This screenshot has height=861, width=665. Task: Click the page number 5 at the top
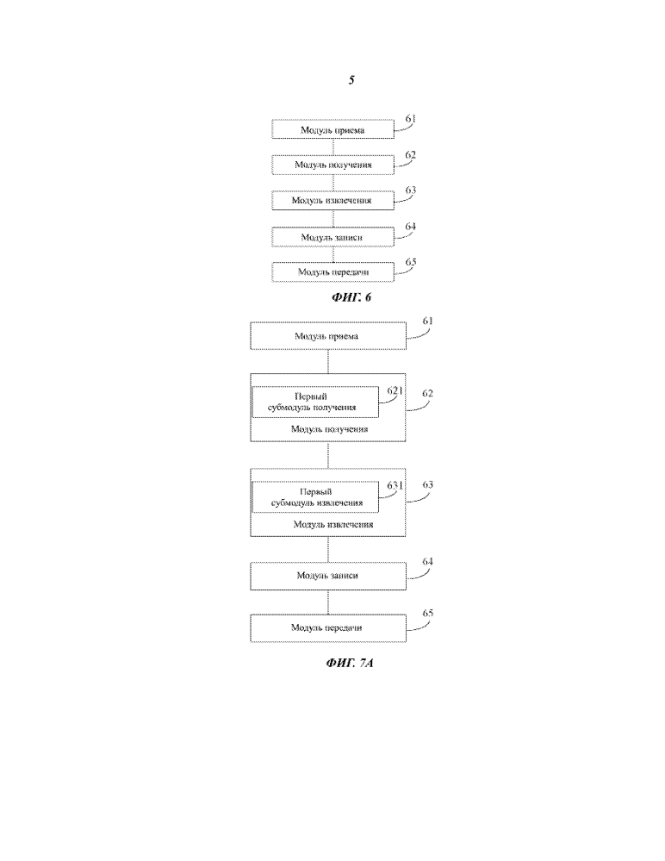(x=351, y=80)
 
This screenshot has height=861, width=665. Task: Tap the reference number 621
(x=395, y=390)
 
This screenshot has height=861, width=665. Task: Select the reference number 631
(x=395, y=485)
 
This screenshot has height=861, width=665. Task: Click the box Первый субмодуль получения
(x=314, y=402)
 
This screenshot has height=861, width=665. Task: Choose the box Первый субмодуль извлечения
(x=314, y=496)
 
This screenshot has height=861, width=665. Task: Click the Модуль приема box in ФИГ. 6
(x=332, y=130)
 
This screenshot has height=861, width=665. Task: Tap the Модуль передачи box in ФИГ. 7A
(x=327, y=627)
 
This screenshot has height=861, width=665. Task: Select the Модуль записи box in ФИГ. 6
(x=332, y=235)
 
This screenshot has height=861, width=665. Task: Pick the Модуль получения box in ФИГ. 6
(x=332, y=165)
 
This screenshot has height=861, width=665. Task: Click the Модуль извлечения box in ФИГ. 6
(x=332, y=200)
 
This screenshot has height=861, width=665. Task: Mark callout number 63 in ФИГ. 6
(x=410, y=190)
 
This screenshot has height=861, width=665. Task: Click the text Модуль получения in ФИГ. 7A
(x=330, y=428)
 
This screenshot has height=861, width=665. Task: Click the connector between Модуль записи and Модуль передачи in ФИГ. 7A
(x=328, y=602)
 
